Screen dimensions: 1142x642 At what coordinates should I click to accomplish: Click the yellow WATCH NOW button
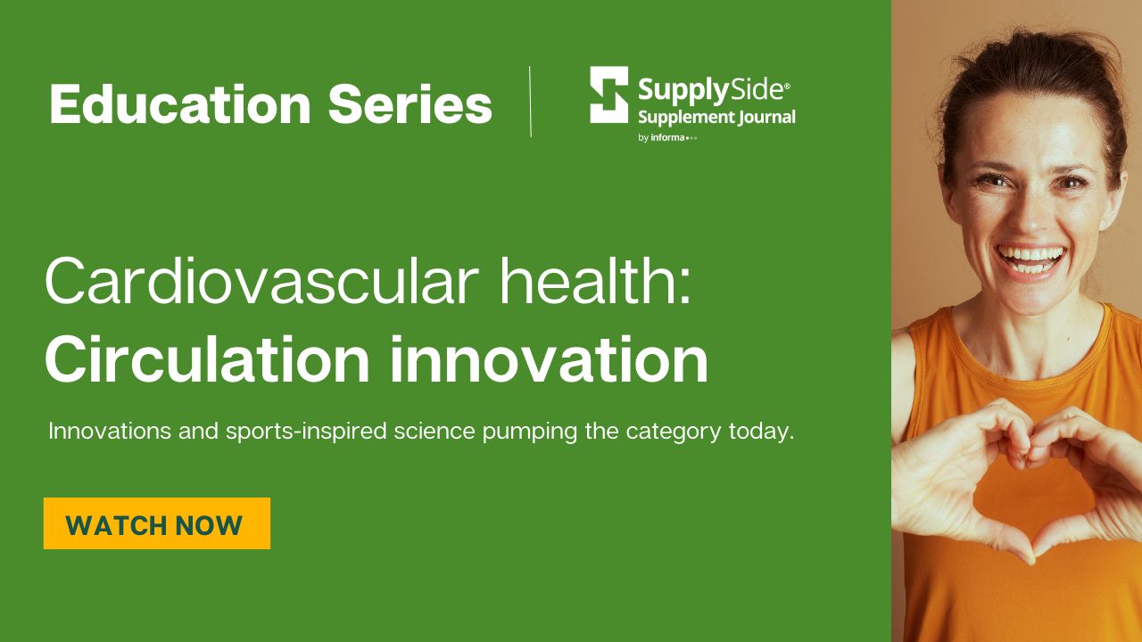tap(157, 523)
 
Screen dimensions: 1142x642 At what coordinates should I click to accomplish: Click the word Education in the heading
tap(180, 104)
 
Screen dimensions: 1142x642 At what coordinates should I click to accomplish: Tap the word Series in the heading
tap(410, 104)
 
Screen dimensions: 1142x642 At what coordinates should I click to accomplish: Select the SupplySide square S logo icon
tap(609, 95)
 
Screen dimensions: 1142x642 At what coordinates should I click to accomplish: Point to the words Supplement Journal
tap(716, 118)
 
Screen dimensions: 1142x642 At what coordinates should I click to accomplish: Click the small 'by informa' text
tap(667, 137)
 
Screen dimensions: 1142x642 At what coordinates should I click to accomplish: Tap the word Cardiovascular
tap(262, 281)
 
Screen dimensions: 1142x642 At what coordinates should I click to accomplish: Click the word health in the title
tap(594, 280)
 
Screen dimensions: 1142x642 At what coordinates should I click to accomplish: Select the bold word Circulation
tap(207, 359)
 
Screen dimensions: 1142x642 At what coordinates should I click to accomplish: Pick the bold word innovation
tap(549, 359)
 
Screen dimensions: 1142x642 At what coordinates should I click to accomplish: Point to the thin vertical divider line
tap(530, 102)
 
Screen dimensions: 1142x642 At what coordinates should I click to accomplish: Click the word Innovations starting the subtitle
tap(110, 431)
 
